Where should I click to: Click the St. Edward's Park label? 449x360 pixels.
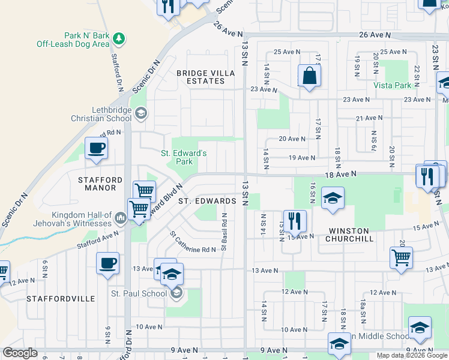coord(184,157)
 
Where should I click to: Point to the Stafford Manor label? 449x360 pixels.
coord(100,184)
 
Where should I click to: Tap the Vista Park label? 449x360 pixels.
coord(393,86)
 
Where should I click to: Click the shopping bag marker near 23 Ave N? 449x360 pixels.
coord(309,76)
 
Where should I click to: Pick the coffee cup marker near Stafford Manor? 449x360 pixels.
coord(96,148)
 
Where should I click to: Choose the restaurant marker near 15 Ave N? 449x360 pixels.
coord(295,220)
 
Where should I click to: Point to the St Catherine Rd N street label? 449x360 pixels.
coord(192,242)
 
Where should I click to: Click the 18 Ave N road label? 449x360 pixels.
coord(341,173)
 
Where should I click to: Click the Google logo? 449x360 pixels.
coord(20,353)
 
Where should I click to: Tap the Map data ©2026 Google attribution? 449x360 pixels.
coord(412,355)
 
